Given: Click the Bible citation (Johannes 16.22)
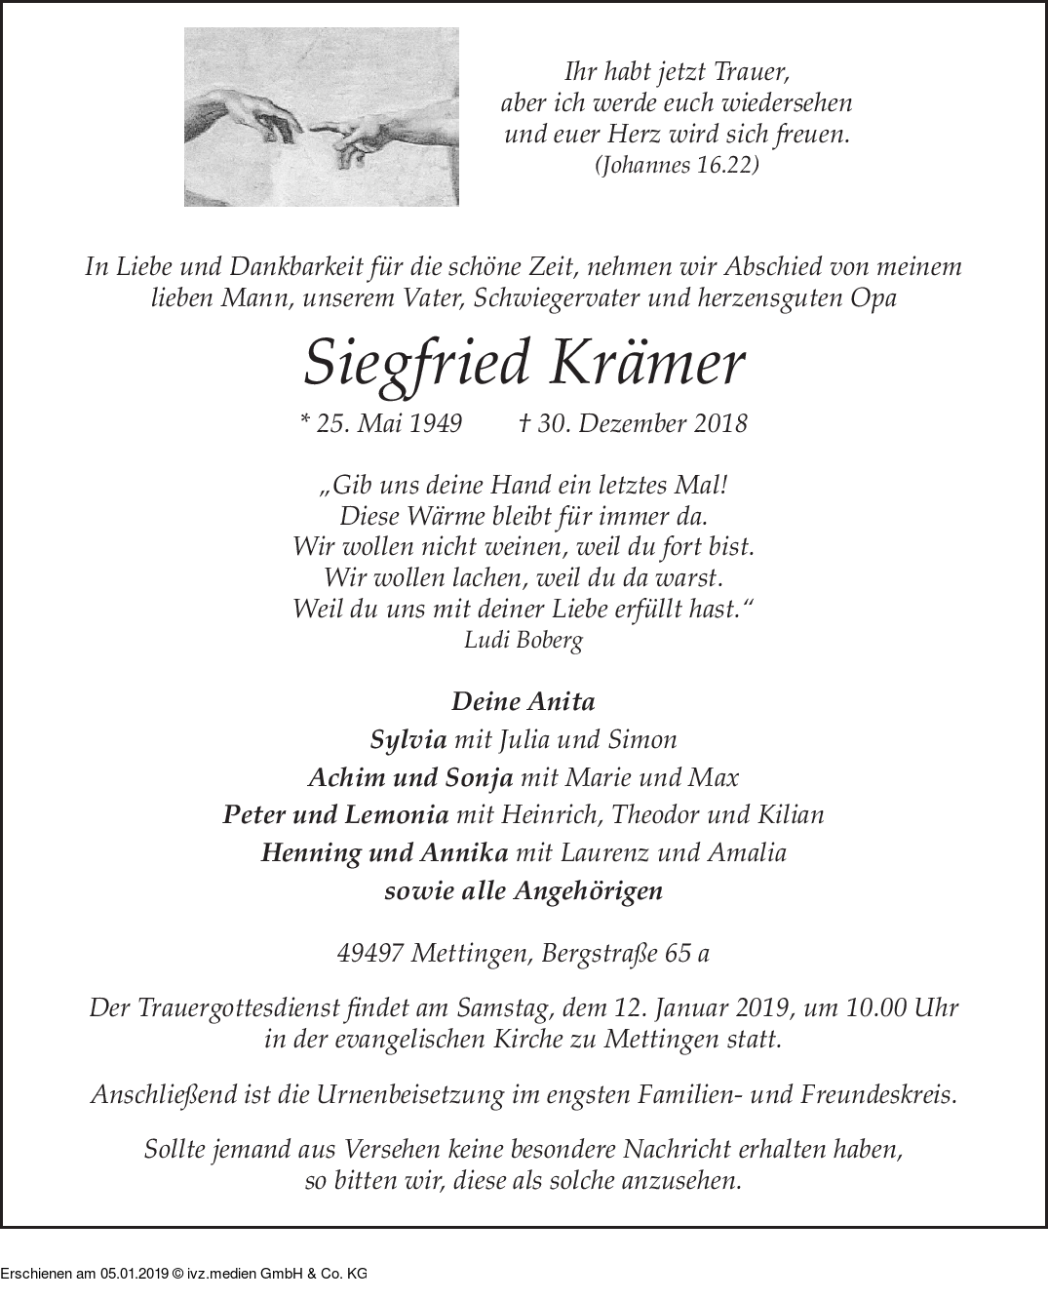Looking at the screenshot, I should click(x=676, y=166).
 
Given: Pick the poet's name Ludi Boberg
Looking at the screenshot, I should click(x=524, y=641).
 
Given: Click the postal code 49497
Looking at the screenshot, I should click(x=369, y=953).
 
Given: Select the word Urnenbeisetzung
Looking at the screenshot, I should click(x=408, y=1094).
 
